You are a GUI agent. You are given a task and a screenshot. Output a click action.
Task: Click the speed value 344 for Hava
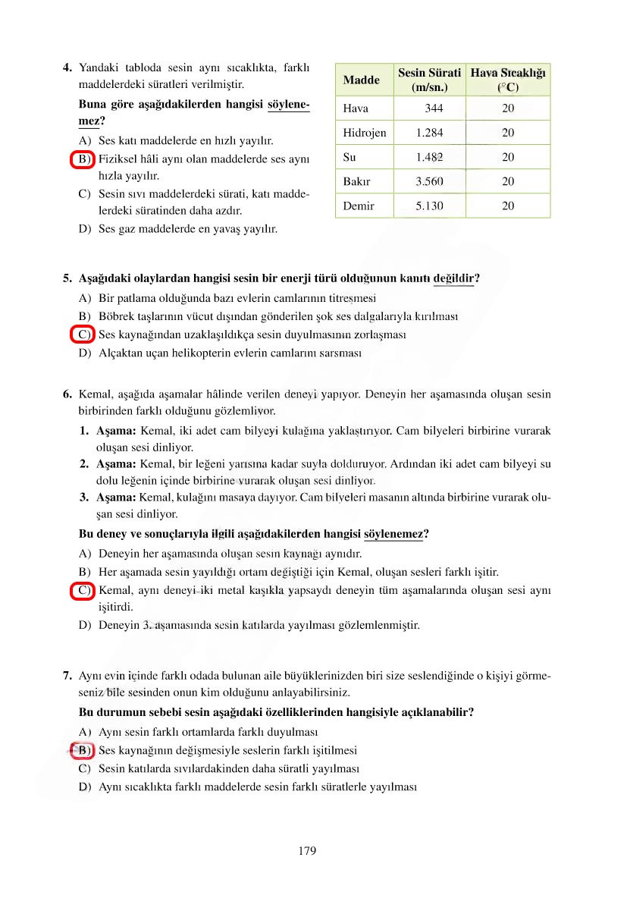(x=434, y=108)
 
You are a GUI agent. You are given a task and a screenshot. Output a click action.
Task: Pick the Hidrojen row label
(x=365, y=133)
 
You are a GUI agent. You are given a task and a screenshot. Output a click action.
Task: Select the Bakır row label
(x=357, y=181)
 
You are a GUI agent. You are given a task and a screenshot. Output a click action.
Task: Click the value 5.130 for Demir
(x=429, y=206)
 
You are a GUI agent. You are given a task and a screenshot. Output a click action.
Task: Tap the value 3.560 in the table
(x=429, y=181)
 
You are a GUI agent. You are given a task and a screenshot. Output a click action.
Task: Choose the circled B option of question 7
(x=82, y=751)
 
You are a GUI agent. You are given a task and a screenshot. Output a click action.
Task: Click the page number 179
(x=307, y=850)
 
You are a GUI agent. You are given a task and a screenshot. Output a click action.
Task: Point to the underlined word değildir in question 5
(x=453, y=278)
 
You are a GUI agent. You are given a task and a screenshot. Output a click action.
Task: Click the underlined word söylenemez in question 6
(x=393, y=534)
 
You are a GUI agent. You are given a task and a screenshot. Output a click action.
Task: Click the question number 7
(x=67, y=675)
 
